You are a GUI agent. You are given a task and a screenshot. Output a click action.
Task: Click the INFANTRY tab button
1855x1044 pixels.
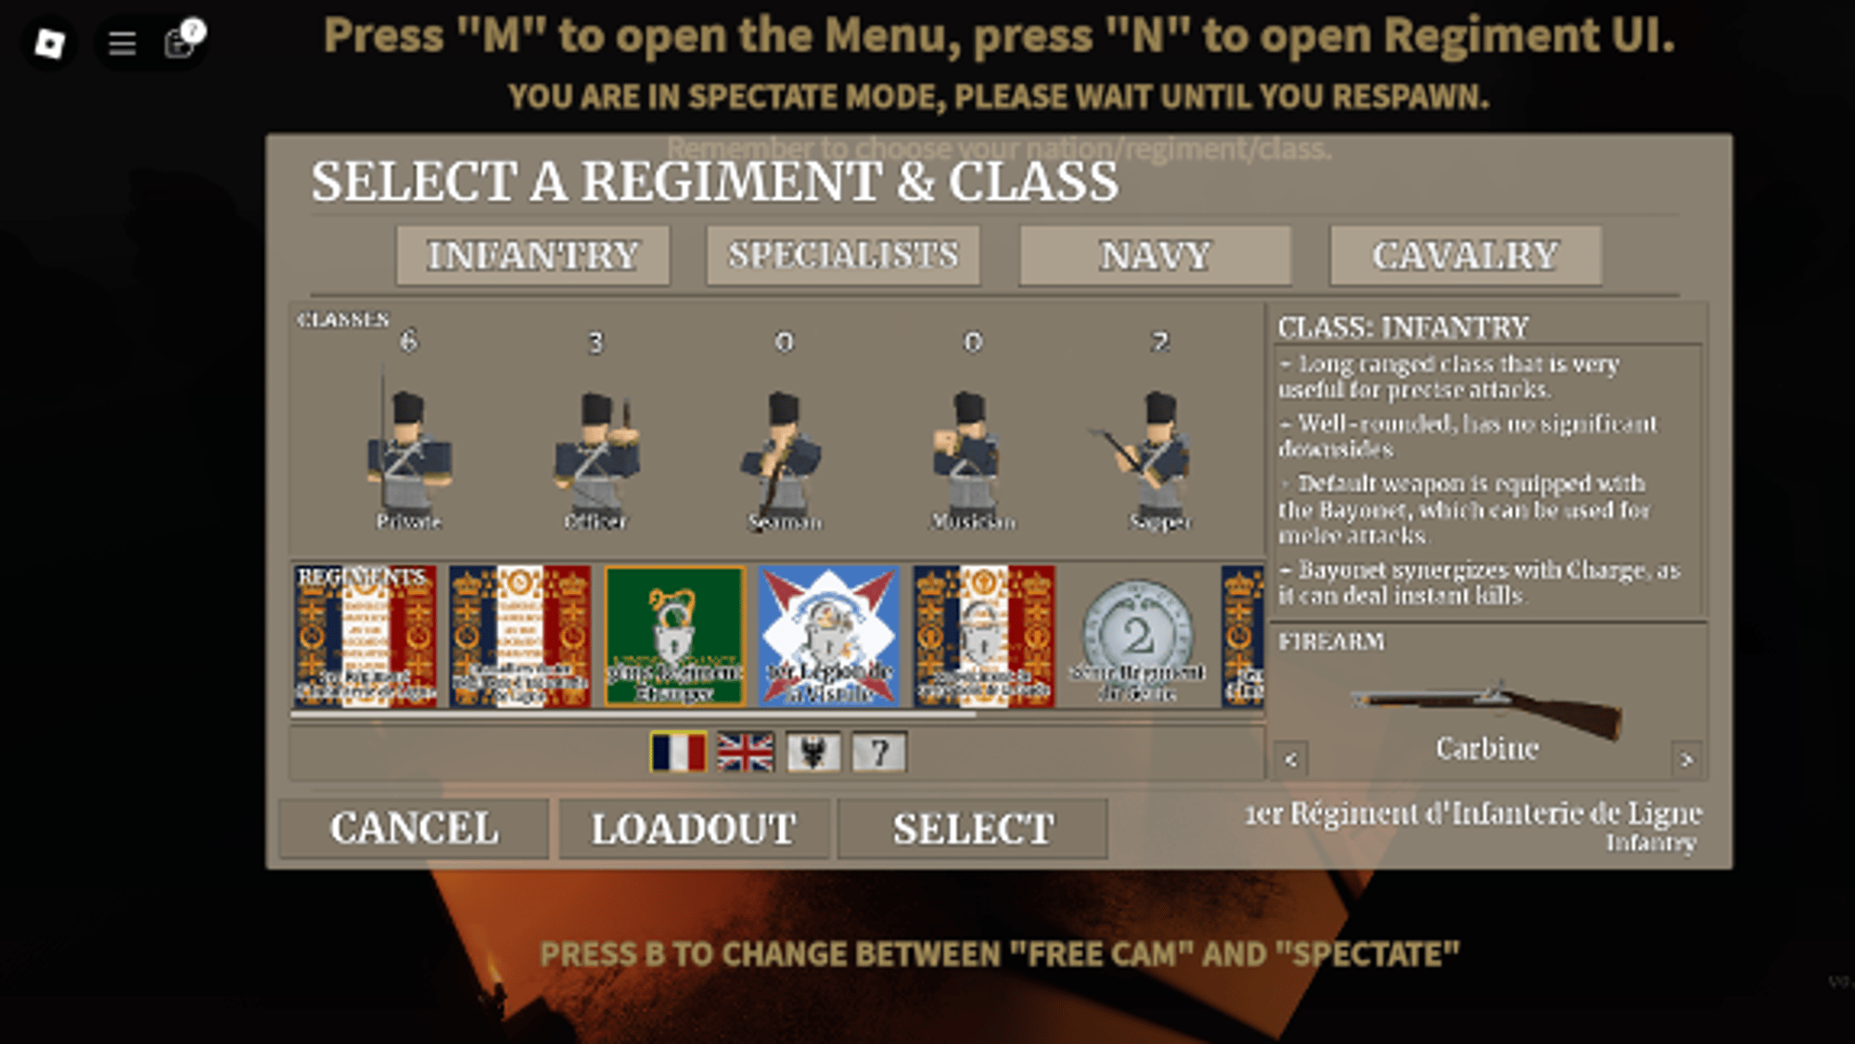532,255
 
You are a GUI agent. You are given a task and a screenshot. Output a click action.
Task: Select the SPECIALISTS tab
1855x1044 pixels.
842,255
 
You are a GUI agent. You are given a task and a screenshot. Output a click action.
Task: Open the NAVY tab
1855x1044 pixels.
1155,255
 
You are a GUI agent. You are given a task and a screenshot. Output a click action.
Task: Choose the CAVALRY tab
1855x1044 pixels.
1465,255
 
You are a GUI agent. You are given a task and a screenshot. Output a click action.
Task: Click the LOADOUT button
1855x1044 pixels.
693,829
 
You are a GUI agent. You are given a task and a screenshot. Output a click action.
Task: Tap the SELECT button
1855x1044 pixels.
973,829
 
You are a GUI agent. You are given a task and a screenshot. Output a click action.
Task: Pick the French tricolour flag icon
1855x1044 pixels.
678,752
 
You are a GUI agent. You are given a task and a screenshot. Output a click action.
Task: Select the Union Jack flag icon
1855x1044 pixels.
745,752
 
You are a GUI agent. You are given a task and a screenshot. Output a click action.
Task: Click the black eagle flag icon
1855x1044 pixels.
813,752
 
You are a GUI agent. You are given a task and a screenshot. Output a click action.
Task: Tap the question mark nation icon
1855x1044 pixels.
878,752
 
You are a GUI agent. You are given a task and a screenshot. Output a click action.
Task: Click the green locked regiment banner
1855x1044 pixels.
674,637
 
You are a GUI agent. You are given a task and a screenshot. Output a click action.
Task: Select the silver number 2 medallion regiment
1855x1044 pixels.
1138,637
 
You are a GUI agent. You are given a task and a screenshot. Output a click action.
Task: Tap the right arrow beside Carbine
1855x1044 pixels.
1685,759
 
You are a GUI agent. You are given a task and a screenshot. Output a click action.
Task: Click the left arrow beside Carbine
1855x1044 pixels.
1290,759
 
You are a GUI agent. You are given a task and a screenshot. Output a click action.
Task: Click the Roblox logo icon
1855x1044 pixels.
49,43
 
